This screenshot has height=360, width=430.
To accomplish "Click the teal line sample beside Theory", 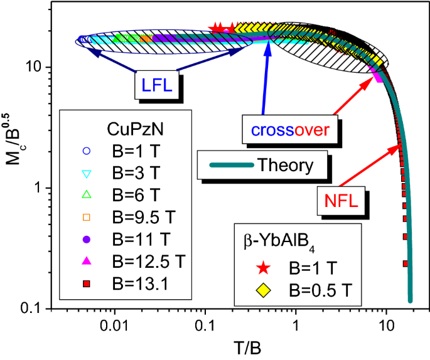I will pyautogui.click(x=230, y=165).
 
